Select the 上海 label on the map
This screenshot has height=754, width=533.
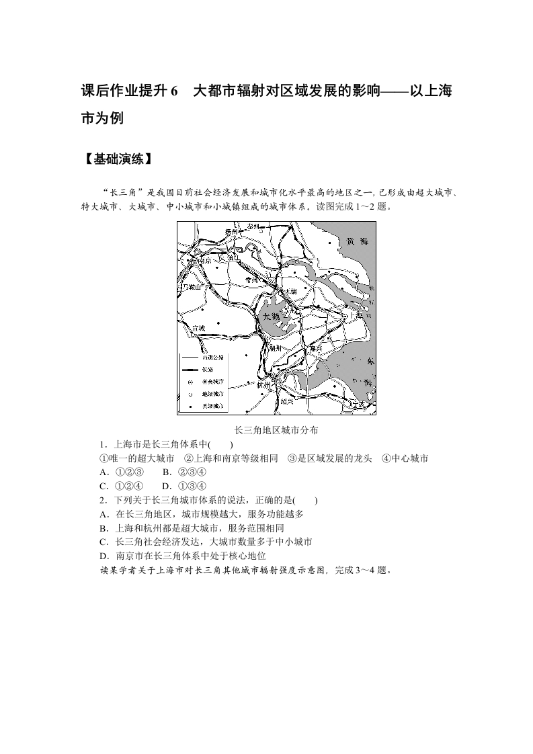point(354,315)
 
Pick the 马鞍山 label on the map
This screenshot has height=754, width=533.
point(190,287)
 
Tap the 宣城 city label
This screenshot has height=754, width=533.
point(198,328)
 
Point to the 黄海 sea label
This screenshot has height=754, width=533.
point(354,242)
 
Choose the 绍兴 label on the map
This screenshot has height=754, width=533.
point(288,401)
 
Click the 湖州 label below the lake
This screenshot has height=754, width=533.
point(274,348)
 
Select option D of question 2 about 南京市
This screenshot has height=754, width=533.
point(182,556)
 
